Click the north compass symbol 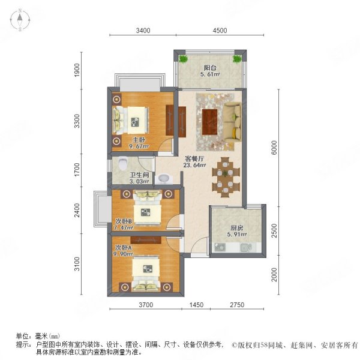click(19, 20)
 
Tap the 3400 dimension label click(143, 31)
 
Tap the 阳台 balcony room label click(210, 68)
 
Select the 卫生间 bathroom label click(124, 176)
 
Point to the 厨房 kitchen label click(236, 228)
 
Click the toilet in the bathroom click(123, 162)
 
